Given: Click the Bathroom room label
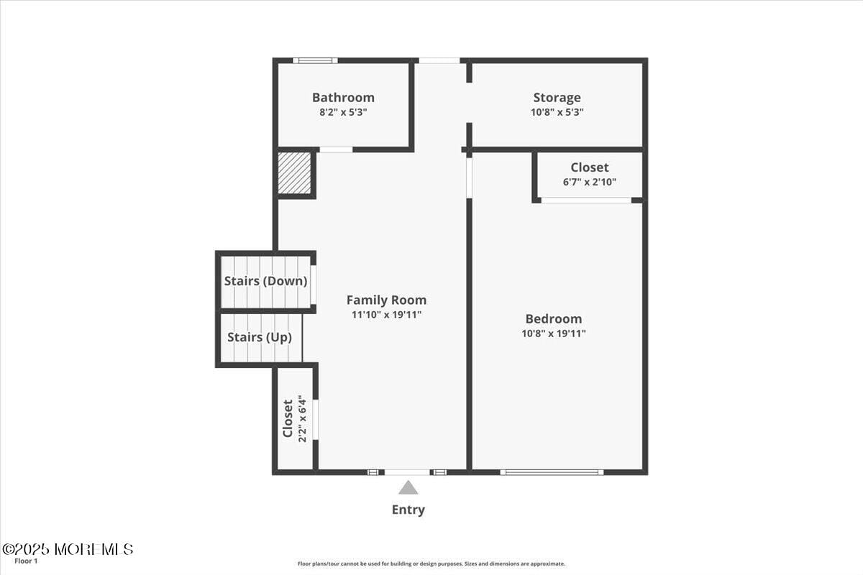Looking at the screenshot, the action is pyautogui.click(x=343, y=98).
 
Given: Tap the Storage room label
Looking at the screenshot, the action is pyautogui.click(x=557, y=98).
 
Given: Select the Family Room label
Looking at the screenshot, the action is pyautogui.click(x=386, y=300).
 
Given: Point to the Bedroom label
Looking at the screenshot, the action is pyautogui.click(x=554, y=318).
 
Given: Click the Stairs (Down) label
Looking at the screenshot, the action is pyautogui.click(x=266, y=281).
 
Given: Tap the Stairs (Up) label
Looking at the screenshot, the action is pyautogui.click(x=260, y=337).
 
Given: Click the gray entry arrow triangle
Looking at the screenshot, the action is pyautogui.click(x=408, y=487).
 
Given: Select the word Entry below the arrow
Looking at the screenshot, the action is pyautogui.click(x=408, y=510).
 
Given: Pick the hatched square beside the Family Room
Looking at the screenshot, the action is pyautogui.click(x=294, y=173).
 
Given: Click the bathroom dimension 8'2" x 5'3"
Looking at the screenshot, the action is pyautogui.click(x=343, y=112).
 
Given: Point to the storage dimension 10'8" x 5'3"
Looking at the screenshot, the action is pyautogui.click(x=557, y=112).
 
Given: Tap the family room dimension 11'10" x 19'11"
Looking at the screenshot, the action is pyautogui.click(x=386, y=315).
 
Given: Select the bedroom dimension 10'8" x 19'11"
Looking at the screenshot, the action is pyautogui.click(x=554, y=333).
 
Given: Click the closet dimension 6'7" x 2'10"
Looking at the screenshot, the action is pyautogui.click(x=590, y=182).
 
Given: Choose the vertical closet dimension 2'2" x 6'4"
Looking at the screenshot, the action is pyautogui.click(x=303, y=418).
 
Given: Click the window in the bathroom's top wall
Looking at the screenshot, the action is pyautogui.click(x=315, y=60).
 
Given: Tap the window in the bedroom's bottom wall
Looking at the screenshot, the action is pyautogui.click(x=552, y=472).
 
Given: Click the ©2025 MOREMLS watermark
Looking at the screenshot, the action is pyautogui.click(x=68, y=549).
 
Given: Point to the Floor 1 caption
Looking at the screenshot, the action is pyautogui.click(x=26, y=561).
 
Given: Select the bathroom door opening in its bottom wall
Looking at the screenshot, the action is pyautogui.click(x=336, y=149).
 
